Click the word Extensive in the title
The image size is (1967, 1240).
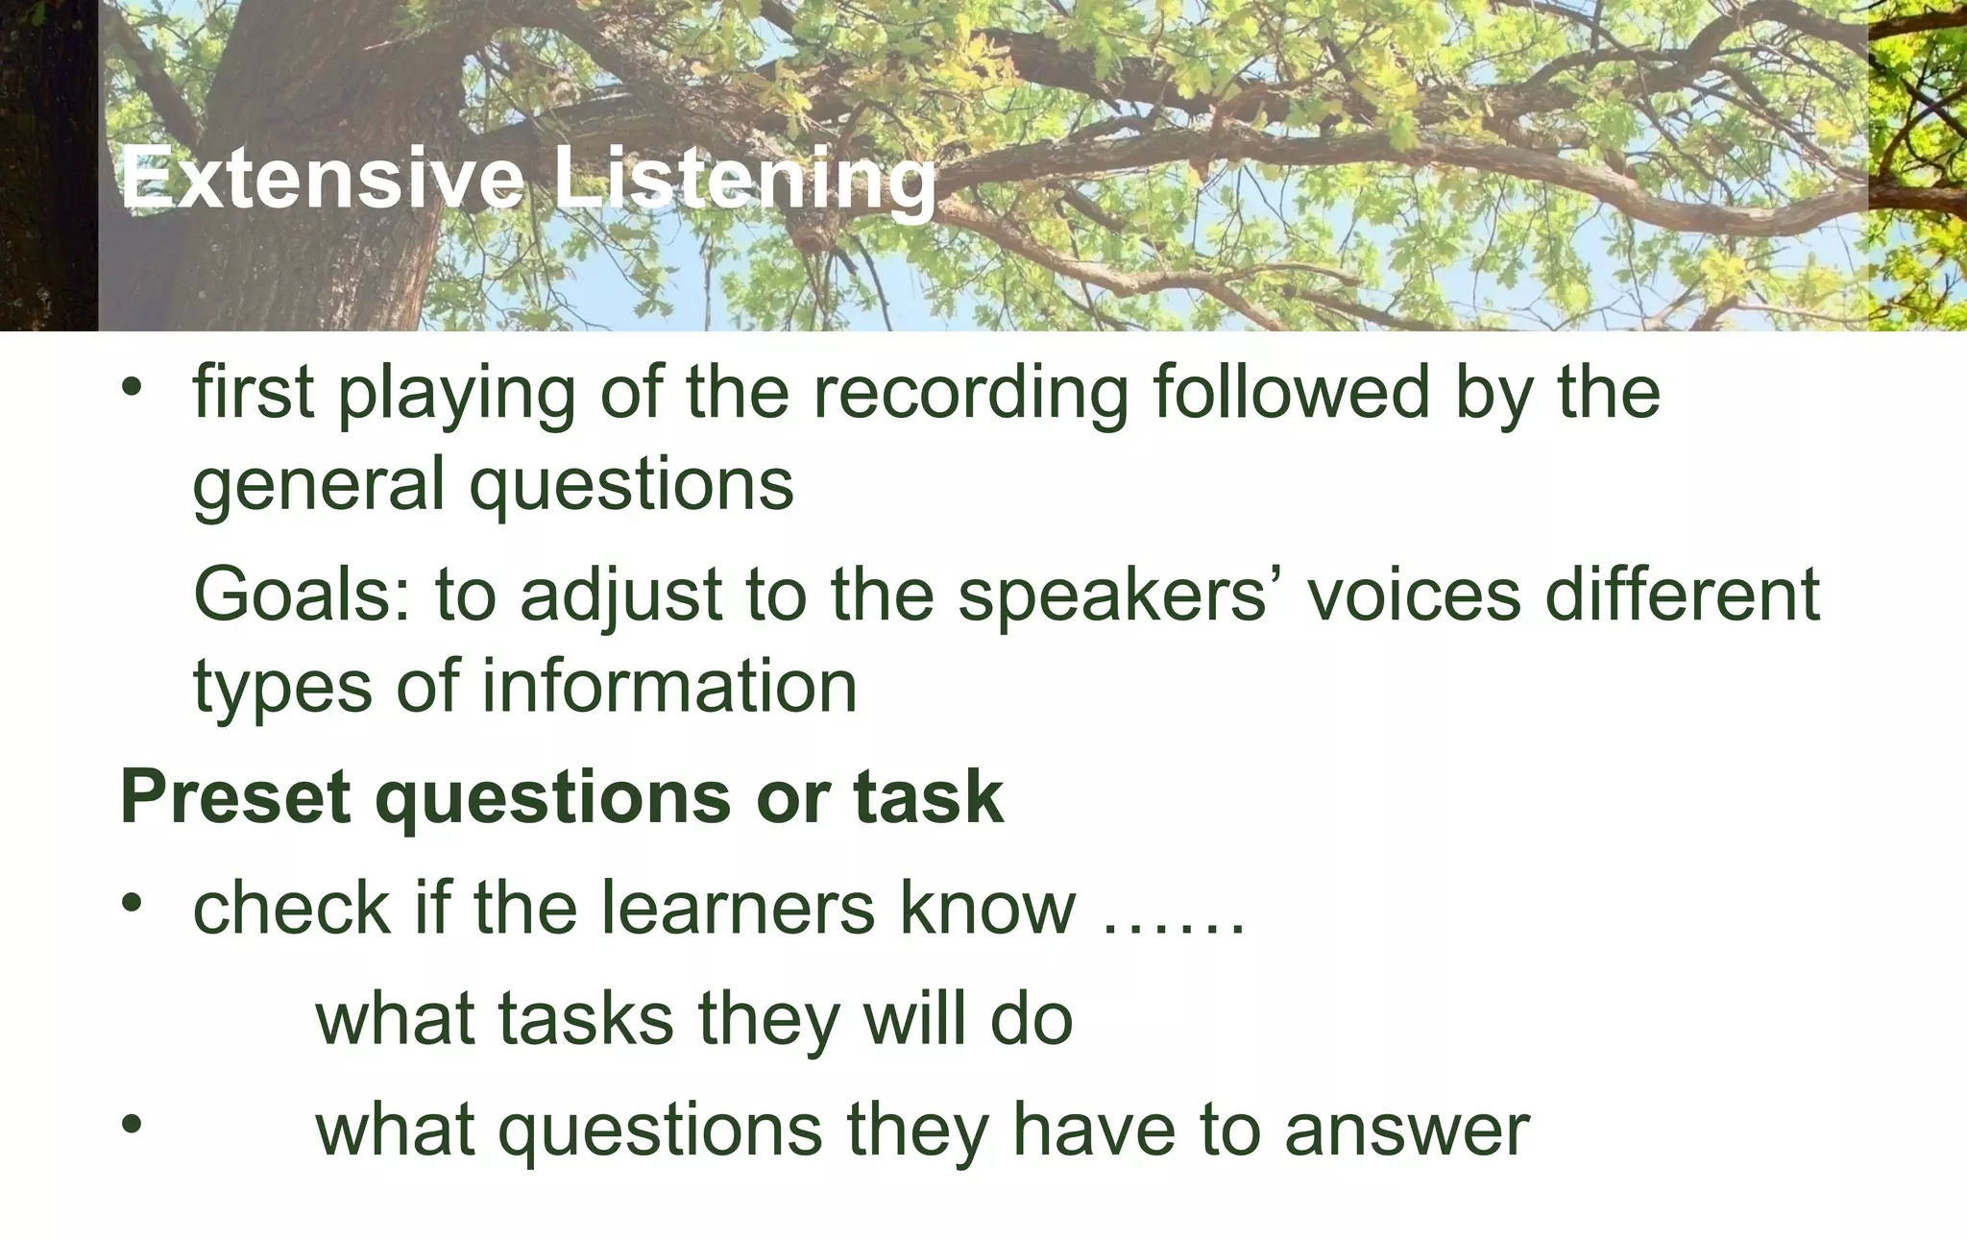tap(323, 179)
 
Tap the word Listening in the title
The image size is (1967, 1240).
tap(744, 181)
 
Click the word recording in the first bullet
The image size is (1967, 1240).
tap(971, 393)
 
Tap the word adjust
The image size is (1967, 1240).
tap(620, 595)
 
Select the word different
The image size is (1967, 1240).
tap(1682, 595)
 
